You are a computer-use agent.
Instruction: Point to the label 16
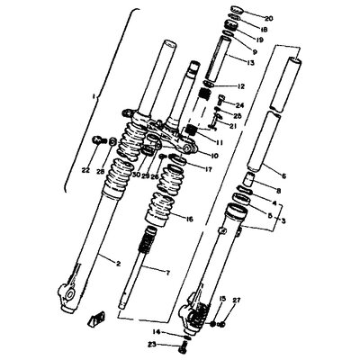click(189, 219)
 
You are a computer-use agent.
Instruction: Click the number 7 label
click(168, 270)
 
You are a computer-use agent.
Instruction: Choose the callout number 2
click(118, 263)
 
